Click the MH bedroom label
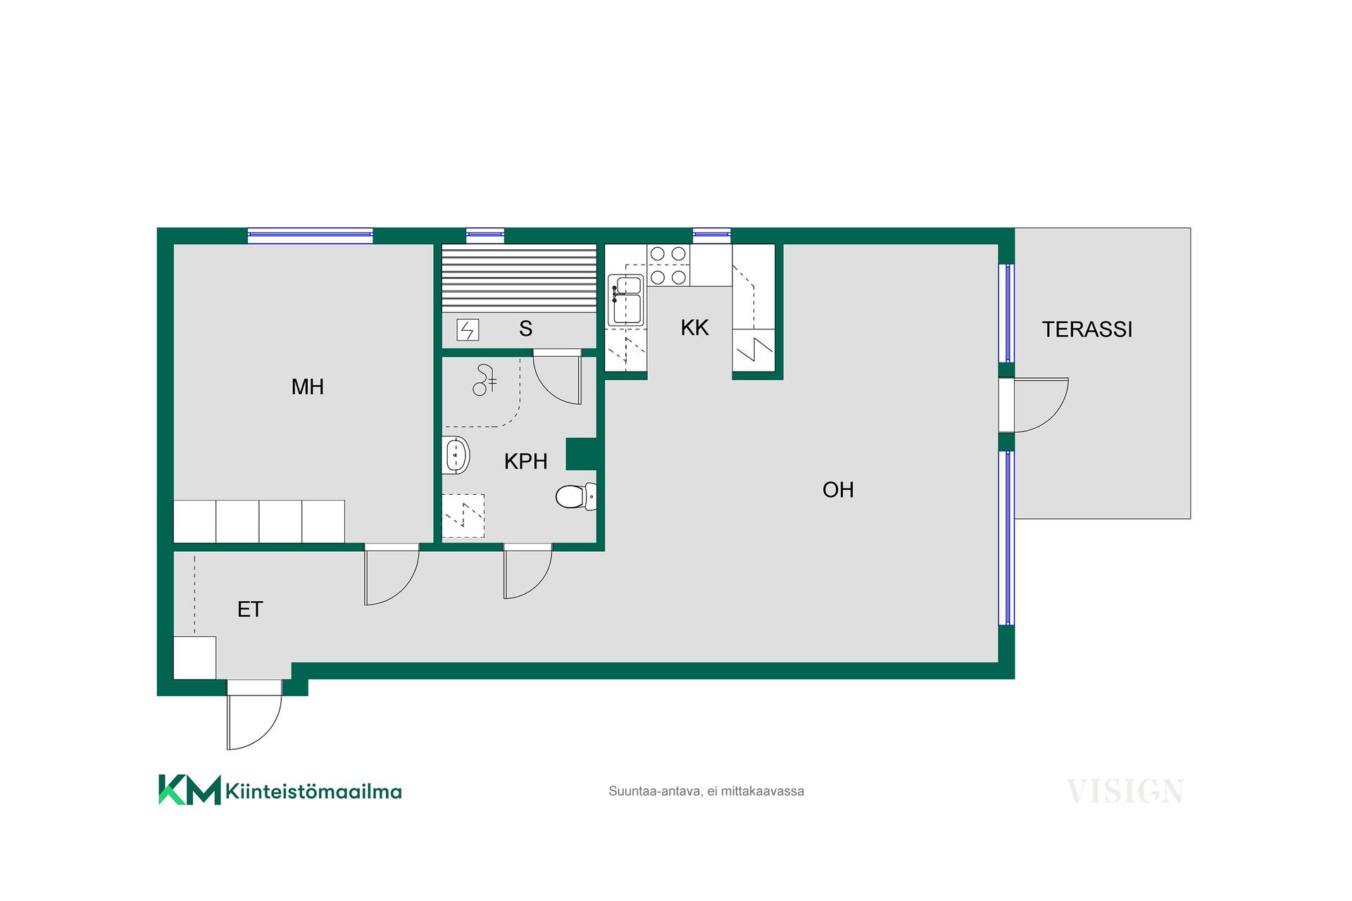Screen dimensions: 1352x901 [x=308, y=386]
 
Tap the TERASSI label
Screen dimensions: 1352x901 [x=1087, y=329]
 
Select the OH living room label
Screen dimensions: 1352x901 [x=838, y=490]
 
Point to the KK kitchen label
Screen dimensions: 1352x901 [x=695, y=327]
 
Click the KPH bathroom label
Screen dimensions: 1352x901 [x=526, y=461]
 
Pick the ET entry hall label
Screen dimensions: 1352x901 [x=250, y=609]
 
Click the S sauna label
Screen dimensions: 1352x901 [x=526, y=329]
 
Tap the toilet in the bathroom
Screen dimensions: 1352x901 [x=576, y=496]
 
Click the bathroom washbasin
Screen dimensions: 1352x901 [x=456, y=455]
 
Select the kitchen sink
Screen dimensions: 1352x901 [x=625, y=301]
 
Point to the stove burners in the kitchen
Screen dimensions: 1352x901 [x=668, y=265]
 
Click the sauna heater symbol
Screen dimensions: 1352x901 [x=468, y=329]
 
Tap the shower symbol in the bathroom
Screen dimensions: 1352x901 [x=484, y=379]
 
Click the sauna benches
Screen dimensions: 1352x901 [x=519, y=278]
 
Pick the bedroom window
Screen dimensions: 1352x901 [x=311, y=236]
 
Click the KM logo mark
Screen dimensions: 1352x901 [x=189, y=790]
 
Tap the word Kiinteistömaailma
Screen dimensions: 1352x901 [x=313, y=791]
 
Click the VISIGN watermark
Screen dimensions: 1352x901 [x=1125, y=791]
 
